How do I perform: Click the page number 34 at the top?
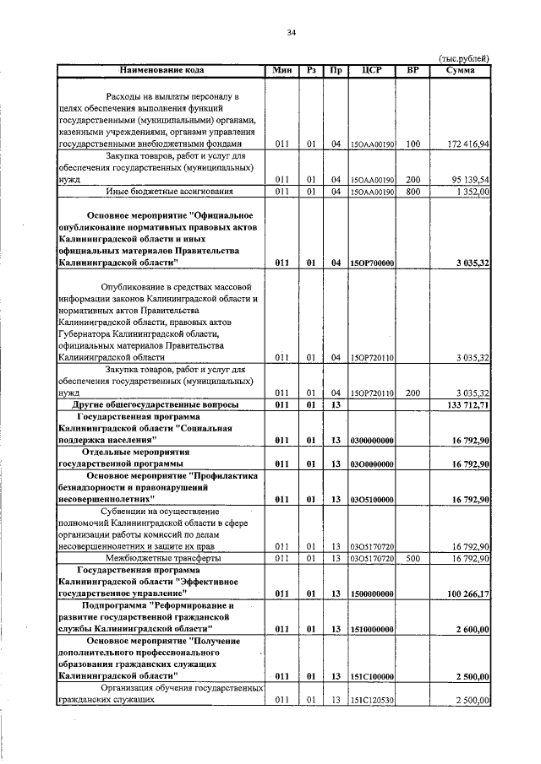point(291,33)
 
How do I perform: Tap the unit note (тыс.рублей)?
point(464,58)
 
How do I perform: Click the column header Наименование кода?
point(161,69)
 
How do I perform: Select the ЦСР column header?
point(372,69)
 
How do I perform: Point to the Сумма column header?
point(464,69)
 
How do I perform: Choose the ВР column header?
point(413,69)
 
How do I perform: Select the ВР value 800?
point(413,192)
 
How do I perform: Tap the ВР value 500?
point(413,558)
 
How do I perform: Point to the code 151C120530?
point(372,700)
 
